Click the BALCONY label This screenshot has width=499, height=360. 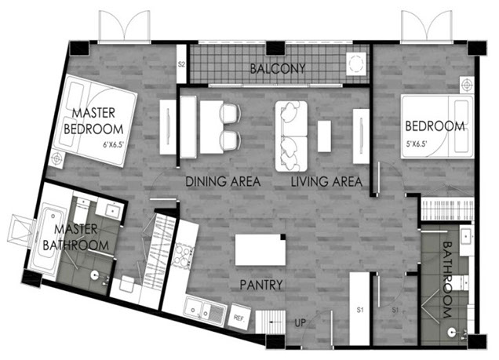point(277,68)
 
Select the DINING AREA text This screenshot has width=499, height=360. point(223,182)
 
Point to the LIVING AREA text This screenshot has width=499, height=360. point(326,182)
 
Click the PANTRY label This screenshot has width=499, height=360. point(262,285)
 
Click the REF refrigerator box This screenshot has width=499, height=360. point(238,319)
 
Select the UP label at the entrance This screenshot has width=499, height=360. point(300,322)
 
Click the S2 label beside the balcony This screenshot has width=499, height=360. point(180,65)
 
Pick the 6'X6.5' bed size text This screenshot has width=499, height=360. point(116,144)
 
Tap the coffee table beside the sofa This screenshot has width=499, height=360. point(325,134)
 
